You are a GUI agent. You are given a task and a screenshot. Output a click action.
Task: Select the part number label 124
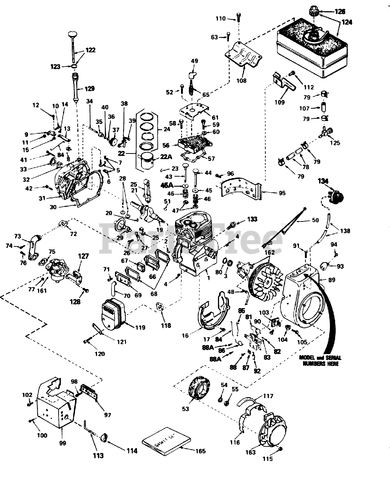click(x=347, y=22)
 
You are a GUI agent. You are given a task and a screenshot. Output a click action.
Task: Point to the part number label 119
click(x=140, y=328)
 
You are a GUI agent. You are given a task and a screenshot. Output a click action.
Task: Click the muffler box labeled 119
click(x=114, y=314)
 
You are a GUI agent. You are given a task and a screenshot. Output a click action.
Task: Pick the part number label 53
click(x=185, y=409)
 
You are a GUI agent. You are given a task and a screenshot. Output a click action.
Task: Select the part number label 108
click(x=241, y=80)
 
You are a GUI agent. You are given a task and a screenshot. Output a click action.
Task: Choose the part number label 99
click(x=62, y=443)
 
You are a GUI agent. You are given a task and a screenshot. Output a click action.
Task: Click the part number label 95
click(x=282, y=193)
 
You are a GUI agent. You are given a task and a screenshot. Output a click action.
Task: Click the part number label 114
click(x=131, y=451)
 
